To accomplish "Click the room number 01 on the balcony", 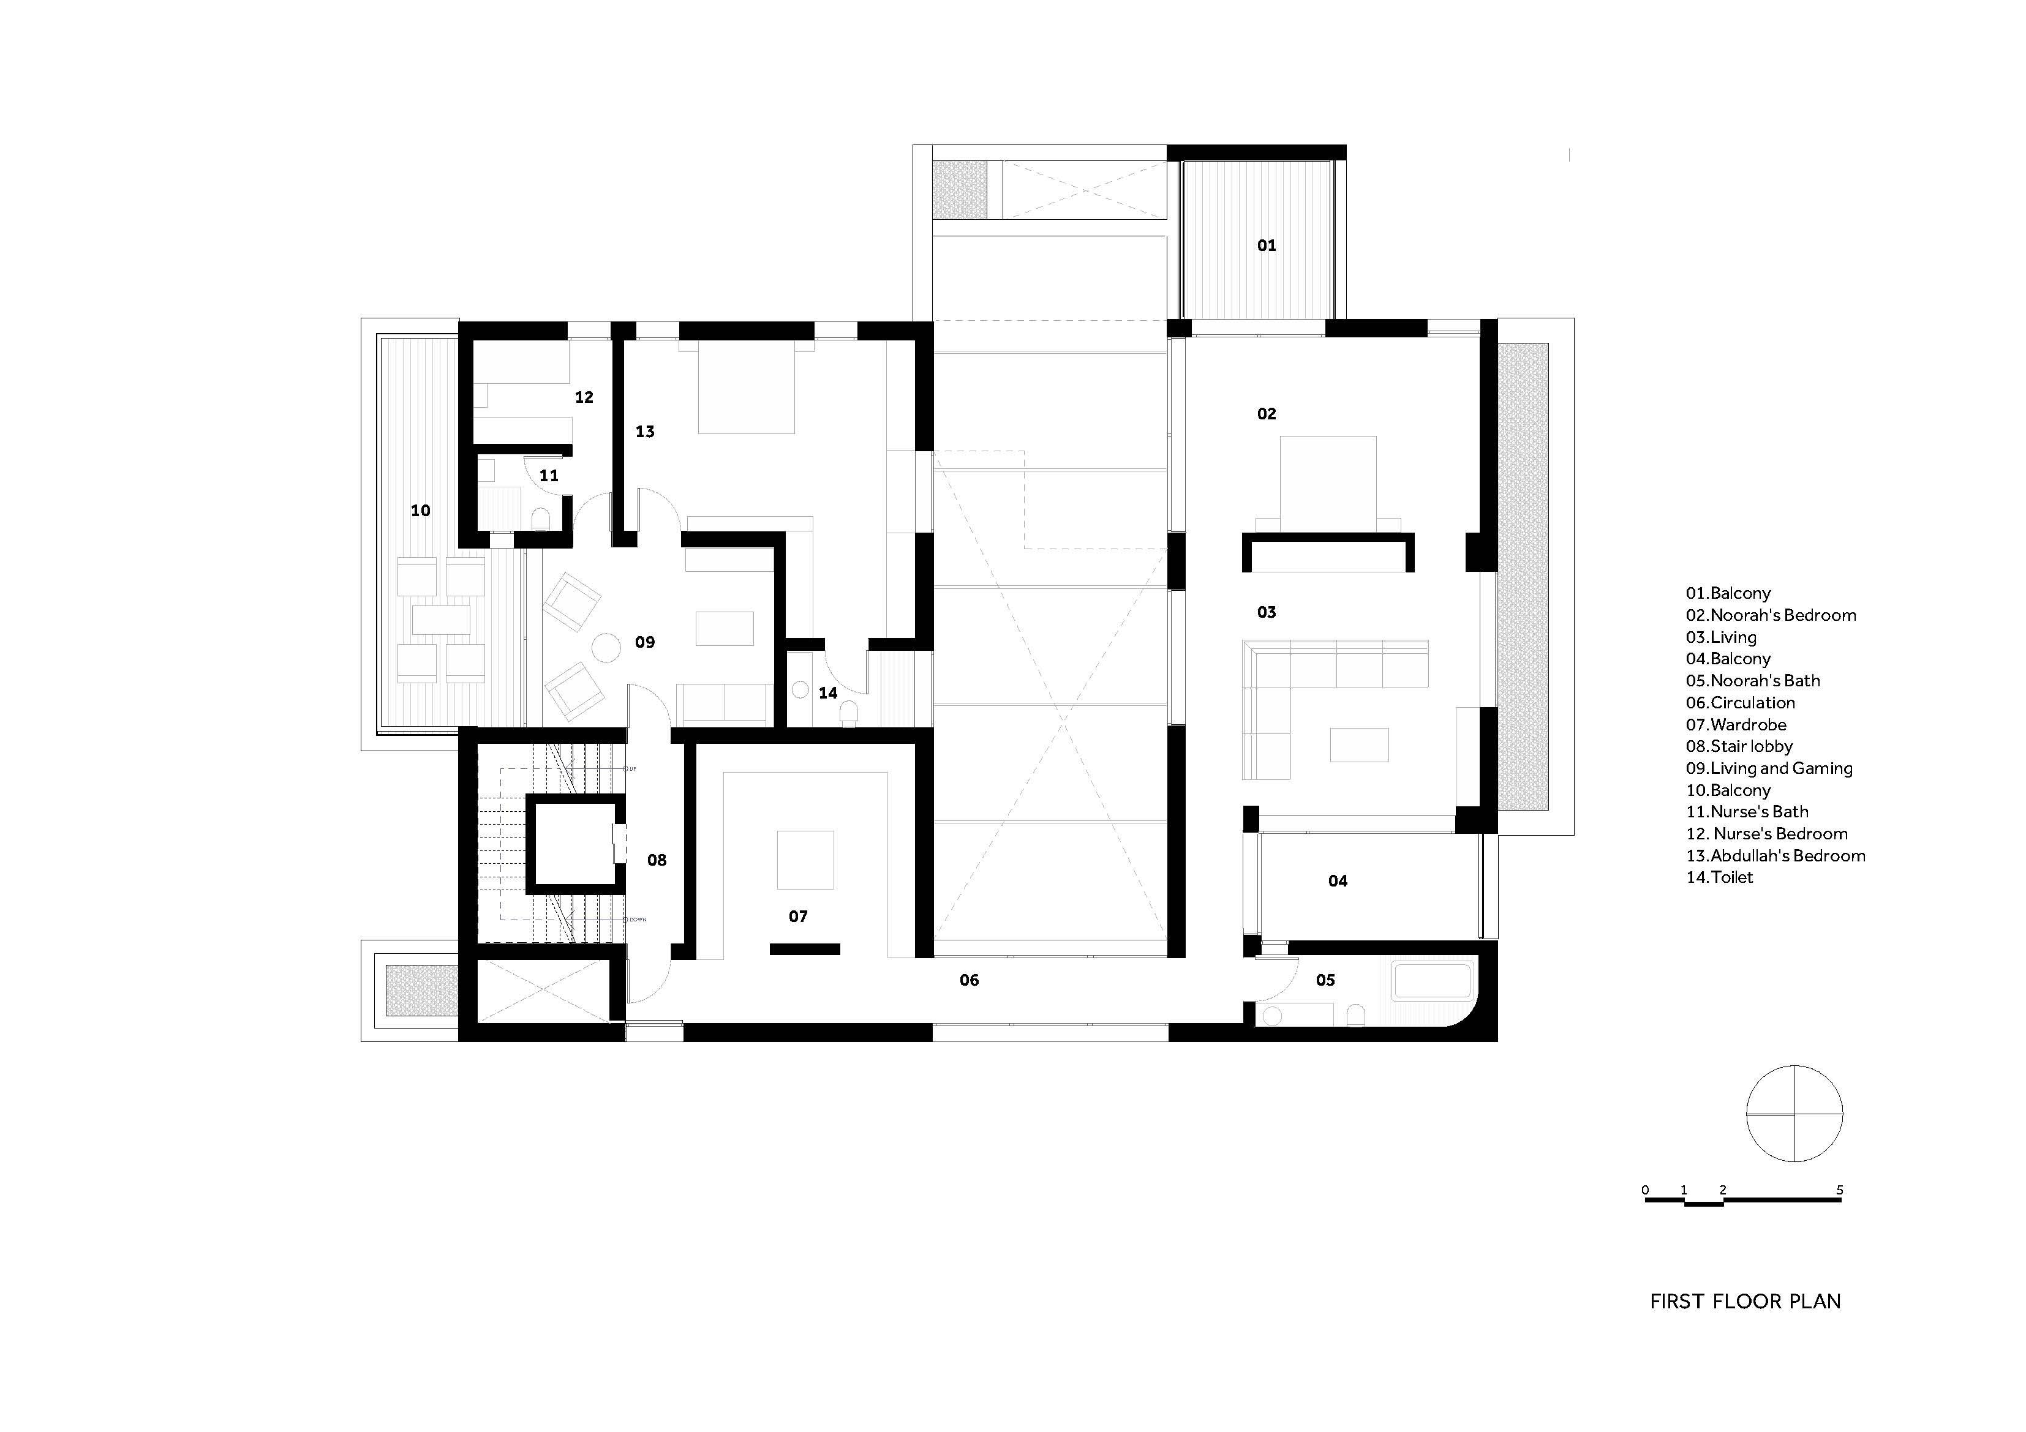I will click(x=1267, y=246).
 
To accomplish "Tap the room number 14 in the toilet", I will click(x=827, y=692).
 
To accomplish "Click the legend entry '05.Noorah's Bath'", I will click(x=1752, y=680).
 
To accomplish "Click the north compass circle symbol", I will click(x=1794, y=1114).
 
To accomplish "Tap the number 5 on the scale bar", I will click(x=1840, y=1190).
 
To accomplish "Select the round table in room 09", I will click(x=606, y=648).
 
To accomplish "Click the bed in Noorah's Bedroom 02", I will click(x=1328, y=481).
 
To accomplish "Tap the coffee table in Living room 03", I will click(x=1359, y=744).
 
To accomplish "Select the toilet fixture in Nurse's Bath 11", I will click(x=541, y=517).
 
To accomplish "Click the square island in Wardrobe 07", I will click(x=805, y=860).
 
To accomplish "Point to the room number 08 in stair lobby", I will click(x=657, y=860).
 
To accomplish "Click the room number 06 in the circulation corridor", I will click(x=969, y=980).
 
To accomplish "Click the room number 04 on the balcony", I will click(x=1337, y=880).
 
